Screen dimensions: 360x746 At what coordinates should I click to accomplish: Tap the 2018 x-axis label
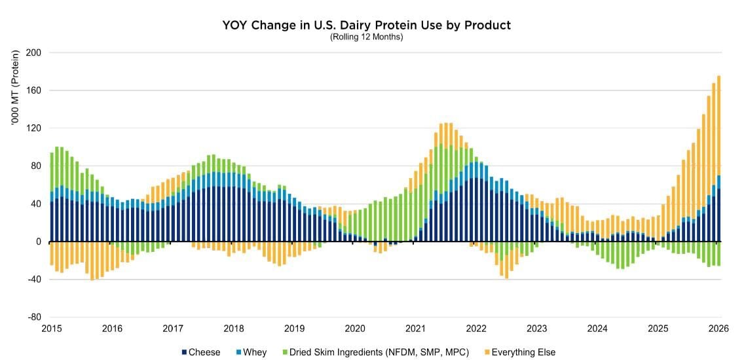tap(234, 329)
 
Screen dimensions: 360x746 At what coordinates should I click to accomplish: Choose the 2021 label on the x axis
tap(416, 329)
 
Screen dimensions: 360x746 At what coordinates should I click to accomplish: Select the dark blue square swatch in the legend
tap(183, 352)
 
